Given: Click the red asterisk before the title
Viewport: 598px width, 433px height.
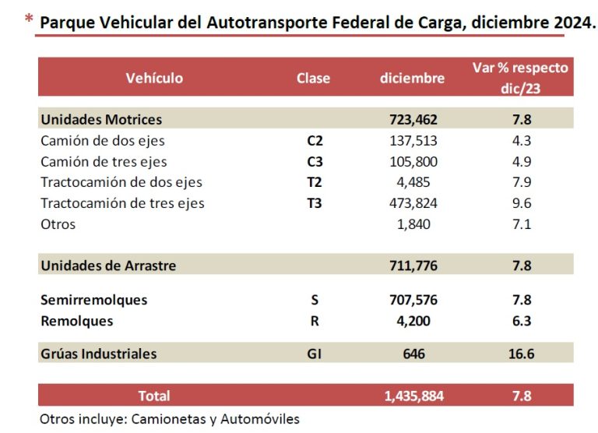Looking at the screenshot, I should pos(29,19).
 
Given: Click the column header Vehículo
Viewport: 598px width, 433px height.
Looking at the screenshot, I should pos(154,78).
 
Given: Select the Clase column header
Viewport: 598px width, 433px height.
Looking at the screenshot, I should pos(313,78).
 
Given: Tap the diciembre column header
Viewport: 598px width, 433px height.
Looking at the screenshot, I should pos(413,78).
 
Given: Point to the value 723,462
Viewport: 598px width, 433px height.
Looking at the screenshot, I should pos(413,119).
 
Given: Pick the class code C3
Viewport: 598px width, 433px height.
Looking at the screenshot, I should pos(315,162).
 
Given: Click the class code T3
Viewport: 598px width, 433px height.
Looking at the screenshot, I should pos(315,203).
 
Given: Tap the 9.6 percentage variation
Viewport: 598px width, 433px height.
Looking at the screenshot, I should pos(520,203).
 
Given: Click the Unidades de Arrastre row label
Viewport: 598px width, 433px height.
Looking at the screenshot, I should pos(108,266).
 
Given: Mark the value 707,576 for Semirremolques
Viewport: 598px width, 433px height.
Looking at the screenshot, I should pos(413,300).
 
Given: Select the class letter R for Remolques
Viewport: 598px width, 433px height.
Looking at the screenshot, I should pos(315,321).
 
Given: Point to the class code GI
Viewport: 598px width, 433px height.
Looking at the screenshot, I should pos(314,354).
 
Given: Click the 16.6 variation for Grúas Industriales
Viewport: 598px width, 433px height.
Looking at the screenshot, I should pos(520,354).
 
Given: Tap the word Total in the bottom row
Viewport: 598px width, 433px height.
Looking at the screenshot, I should pos(153,396).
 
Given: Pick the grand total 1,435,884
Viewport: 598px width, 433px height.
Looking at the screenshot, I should pos(413,396).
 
